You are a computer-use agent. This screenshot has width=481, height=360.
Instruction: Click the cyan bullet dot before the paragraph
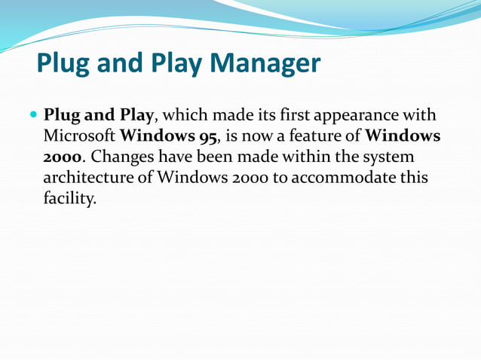pyautogui.click(x=33, y=117)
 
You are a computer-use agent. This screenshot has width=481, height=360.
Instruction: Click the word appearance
pyautogui.click(x=351, y=117)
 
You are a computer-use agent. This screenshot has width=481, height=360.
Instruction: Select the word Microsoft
pyautogui.click(x=79, y=138)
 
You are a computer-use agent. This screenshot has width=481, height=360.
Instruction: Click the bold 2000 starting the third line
pyautogui.click(x=63, y=158)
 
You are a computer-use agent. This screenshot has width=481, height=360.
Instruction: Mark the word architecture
pyautogui.click(x=87, y=178)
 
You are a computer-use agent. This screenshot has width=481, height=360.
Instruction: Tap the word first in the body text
pyautogui.click(x=277, y=117)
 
